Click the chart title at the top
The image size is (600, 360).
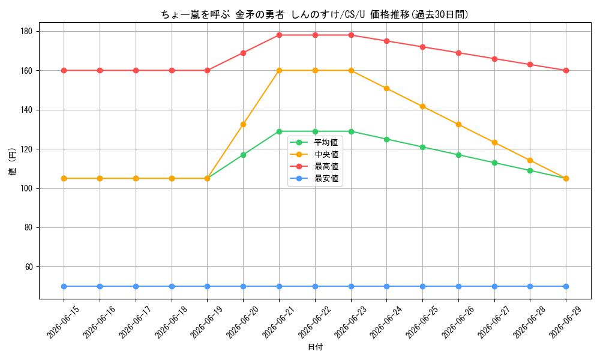pos(314,14)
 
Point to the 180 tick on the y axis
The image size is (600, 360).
pos(29,31)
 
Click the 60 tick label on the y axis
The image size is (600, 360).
pos(30,267)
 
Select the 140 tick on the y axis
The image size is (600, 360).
pos(29,110)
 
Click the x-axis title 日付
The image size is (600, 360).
pos(316,347)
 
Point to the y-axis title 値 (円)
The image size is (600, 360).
pos(13,161)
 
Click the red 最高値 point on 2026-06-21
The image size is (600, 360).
pos(280,35)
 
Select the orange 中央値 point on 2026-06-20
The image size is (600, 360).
pos(244,124)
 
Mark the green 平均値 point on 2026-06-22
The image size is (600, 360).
pos(316,131)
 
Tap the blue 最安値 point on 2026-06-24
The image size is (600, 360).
pos(387,287)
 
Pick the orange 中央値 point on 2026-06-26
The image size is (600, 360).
pos(458,124)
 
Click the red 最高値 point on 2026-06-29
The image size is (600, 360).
pos(566,70)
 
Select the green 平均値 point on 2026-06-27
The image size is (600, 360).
pos(494,163)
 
